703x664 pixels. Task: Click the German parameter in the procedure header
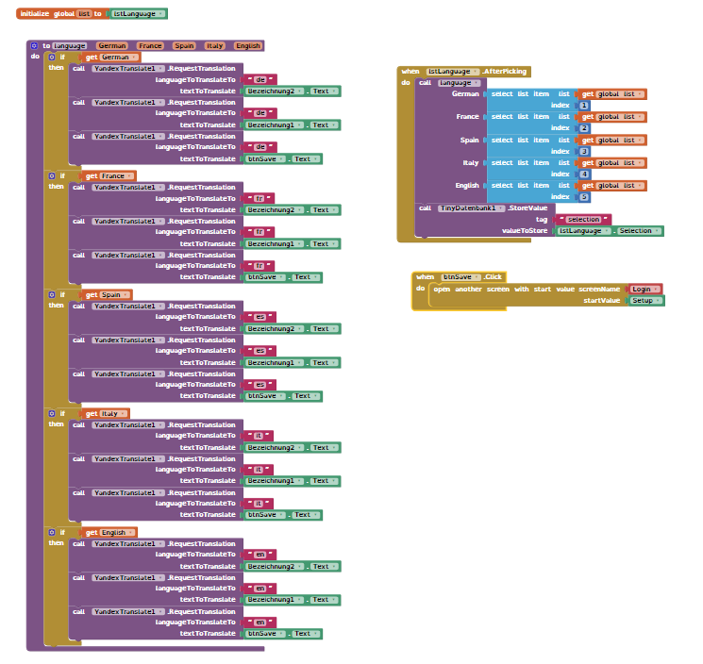tap(111, 45)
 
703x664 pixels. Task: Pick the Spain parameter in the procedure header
tap(184, 45)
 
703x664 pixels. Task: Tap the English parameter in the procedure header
tap(248, 45)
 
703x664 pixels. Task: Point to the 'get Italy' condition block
tap(107, 413)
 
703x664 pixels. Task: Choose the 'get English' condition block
tap(110, 532)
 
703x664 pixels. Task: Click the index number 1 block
tap(584, 105)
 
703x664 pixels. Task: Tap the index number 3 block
tap(584, 151)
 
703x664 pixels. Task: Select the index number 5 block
tap(584, 197)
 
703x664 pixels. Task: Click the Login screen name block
tap(645, 289)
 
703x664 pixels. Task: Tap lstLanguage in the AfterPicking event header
tap(450, 71)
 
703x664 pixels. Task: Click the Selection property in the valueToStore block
tap(638, 230)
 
